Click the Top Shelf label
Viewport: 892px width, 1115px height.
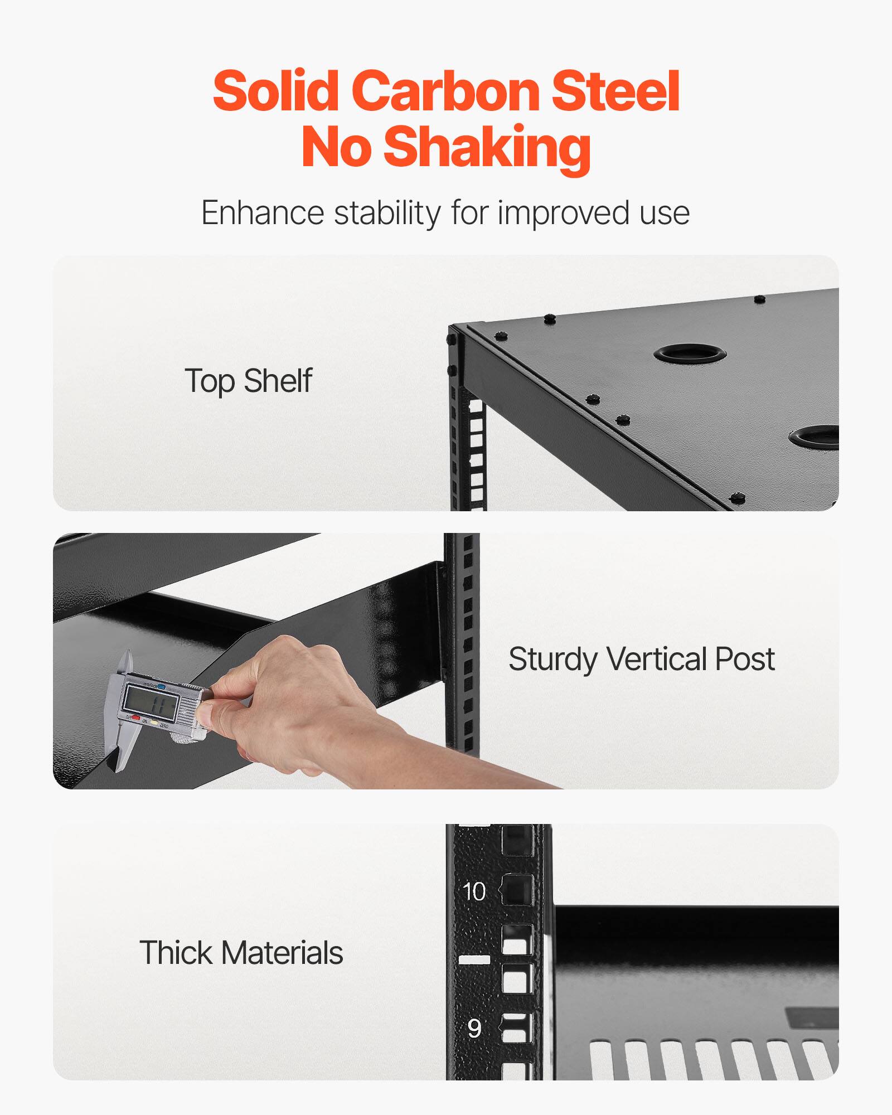[x=248, y=381]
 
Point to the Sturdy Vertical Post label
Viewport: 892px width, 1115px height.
[x=641, y=659]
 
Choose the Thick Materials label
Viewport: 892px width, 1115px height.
[x=241, y=952]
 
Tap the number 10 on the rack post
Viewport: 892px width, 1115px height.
[x=474, y=891]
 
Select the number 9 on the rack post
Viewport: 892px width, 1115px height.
[x=474, y=1028]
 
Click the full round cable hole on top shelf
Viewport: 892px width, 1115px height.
[x=690, y=353]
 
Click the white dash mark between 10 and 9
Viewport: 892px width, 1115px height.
[x=474, y=959]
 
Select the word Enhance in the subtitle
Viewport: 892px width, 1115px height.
[x=262, y=213]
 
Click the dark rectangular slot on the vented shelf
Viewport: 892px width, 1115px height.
[x=811, y=1017]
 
